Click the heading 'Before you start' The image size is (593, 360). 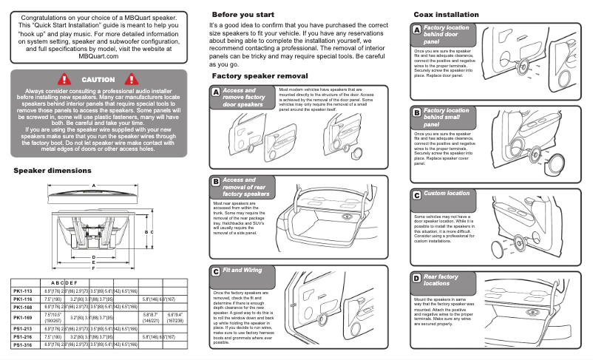tap(243, 15)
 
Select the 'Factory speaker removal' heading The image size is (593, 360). tap(260, 76)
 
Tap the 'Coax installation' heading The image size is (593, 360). tap(446, 15)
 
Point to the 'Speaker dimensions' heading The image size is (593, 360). tap(52, 171)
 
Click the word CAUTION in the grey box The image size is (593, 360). tap(98, 79)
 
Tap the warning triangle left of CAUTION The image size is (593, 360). tap(64, 78)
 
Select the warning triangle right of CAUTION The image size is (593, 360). tap(133, 78)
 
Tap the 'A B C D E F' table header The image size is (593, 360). tap(64, 282)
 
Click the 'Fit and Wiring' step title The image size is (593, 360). tap(243, 271)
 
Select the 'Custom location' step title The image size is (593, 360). tap(446, 194)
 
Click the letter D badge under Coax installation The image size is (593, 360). tap(416, 278)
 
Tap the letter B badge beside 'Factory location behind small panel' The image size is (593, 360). tap(416, 112)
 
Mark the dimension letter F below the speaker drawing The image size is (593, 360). tap(93, 268)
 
